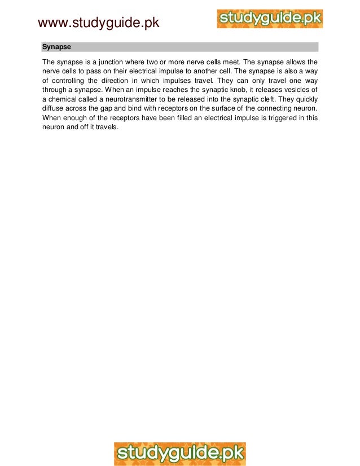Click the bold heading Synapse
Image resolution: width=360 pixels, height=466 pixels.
[x=56, y=47]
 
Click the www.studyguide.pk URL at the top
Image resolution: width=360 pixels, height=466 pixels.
[x=98, y=23]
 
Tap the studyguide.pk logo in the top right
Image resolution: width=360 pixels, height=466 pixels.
[x=270, y=18]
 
